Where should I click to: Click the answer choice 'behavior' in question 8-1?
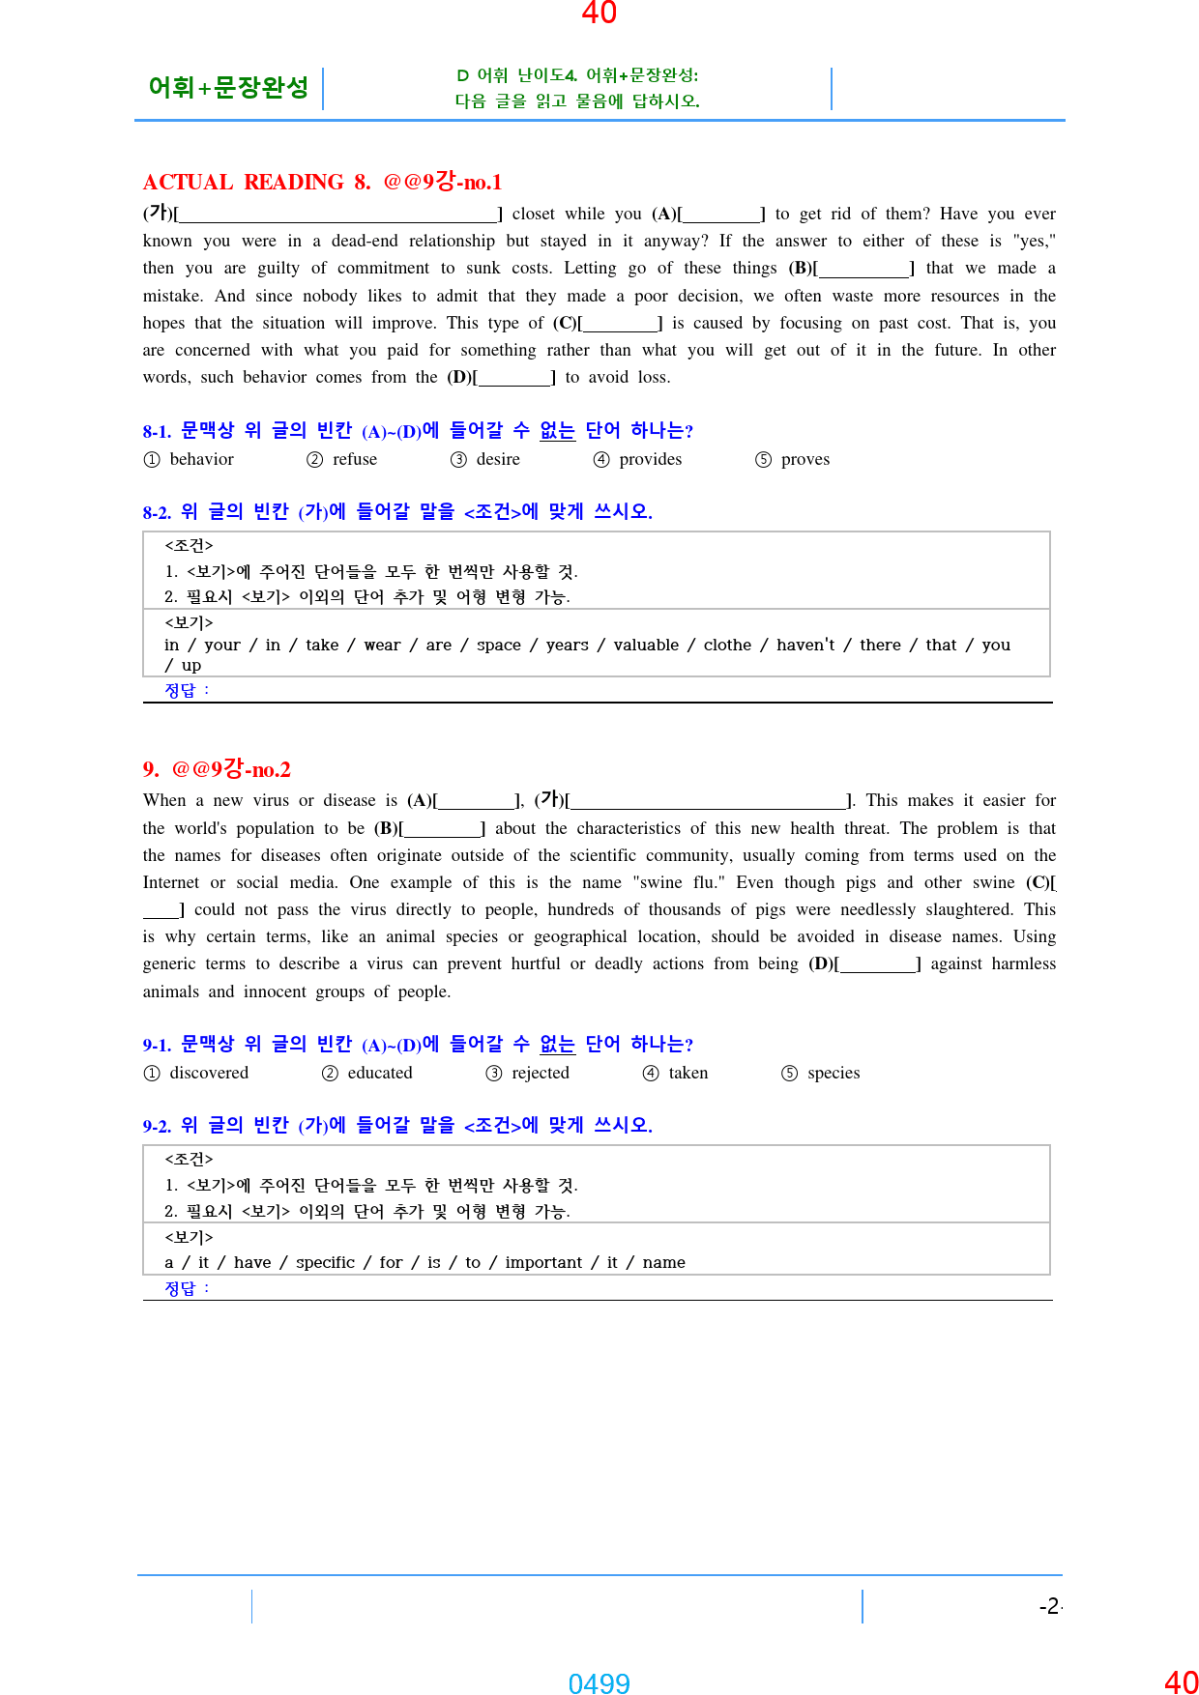pyautogui.click(x=201, y=459)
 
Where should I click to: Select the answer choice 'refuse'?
pyautogui.click(x=354, y=459)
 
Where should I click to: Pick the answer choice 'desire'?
pyautogui.click(x=497, y=459)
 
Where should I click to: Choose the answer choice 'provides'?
pyautogui.click(x=650, y=459)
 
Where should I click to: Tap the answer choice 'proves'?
pyautogui.click(x=804, y=459)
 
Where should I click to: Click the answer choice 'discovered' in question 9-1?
pyautogui.click(x=208, y=1073)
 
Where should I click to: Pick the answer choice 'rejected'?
pyautogui.click(x=540, y=1073)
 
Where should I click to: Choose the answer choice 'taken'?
pyautogui.click(x=687, y=1073)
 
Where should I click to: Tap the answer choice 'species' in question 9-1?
pyautogui.click(x=833, y=1073)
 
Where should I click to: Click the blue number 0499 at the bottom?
pyautogui.click(x=599, y=1683)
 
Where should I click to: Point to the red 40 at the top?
pyautogui.click(x=599, y=13)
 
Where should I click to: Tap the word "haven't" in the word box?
pyautogui.click(x=804, y=645)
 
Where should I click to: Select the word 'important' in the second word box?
pyautogui.click(x=543, y=1262)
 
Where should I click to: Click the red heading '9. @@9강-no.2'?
pyautogui.click(x=217, y=769)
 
